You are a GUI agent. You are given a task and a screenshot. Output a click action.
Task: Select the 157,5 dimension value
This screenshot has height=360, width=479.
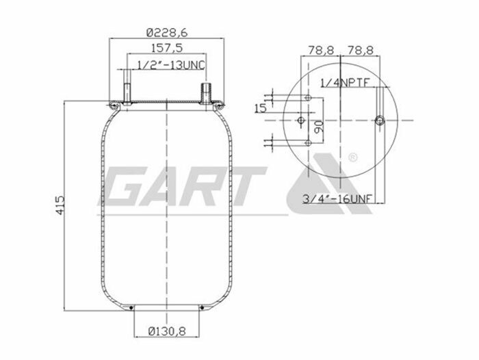click(166, 49)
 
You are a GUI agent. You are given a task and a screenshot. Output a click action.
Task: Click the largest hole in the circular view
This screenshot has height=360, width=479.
click(380, 121)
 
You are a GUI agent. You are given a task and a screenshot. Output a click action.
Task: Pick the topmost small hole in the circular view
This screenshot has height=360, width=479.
click(310, 100)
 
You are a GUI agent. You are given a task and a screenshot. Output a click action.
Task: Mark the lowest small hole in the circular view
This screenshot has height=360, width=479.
click(310, 142)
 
